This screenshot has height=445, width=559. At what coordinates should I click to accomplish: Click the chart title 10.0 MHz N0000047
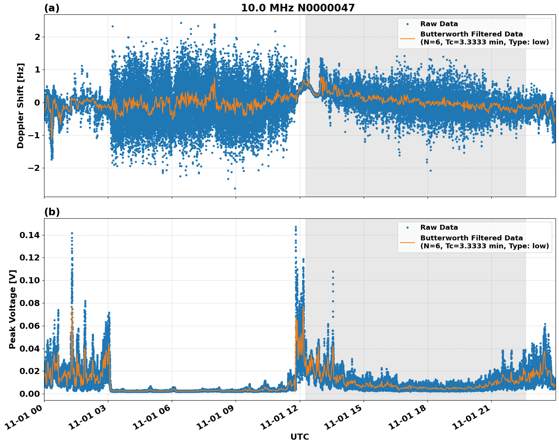click(298, 8)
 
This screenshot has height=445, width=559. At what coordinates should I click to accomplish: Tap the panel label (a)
click(52, 8)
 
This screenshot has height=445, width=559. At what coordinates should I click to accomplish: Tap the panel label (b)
click(52, 212)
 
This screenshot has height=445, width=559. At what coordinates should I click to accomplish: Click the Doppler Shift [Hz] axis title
click(21, 106)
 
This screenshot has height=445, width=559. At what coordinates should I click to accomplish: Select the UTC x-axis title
click(299, 437)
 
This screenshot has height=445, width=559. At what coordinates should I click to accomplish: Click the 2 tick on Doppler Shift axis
click(37, 37)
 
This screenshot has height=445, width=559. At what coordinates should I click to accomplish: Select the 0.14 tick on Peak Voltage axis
click(29, 235)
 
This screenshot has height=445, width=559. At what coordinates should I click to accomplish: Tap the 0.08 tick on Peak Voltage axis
click(29, 303)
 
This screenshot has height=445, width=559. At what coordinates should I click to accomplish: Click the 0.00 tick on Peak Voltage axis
click(29, 394)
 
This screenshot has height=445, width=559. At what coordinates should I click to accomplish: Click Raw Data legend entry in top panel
click(439, 24)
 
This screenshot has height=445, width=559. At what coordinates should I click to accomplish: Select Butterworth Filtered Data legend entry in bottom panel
click(484, 242)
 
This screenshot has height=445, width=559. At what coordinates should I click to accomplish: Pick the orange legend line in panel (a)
click(407, 38)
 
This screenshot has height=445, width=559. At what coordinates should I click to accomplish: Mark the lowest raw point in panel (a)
click(235, 188)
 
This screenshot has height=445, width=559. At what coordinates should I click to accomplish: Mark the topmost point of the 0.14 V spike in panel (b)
click(72, 233)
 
